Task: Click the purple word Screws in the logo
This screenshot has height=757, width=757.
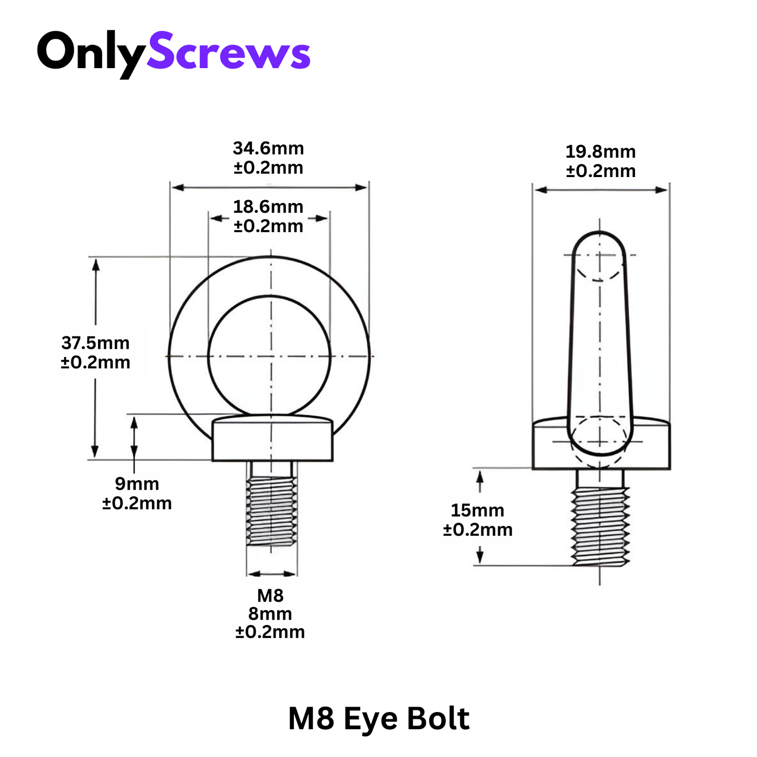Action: [228, 52]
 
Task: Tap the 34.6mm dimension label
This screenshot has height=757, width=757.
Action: [268, 148]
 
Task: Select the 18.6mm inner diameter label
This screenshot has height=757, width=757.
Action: [268, 207]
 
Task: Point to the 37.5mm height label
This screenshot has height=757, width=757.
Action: [95, 343]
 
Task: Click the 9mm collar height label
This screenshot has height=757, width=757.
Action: [137, 484]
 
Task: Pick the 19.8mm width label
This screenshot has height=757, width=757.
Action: [600, 152]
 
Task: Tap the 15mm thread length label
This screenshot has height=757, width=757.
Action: [477, 510]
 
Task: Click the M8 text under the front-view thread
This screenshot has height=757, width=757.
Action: [270, 596]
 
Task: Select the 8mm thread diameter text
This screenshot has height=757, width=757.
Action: [270, 613]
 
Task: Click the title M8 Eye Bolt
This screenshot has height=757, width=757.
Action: [378, 718]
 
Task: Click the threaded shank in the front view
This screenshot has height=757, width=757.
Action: [271, 511]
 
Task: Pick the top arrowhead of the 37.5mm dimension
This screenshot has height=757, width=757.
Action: [95, 264]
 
